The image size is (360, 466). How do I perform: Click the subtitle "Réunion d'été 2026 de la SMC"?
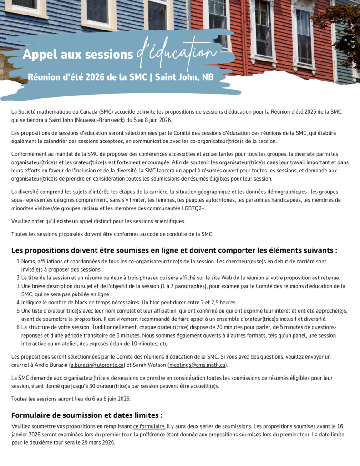coord(87,77)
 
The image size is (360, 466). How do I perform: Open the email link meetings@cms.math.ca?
coord(198,365)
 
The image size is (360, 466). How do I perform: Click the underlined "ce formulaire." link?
coord(149,426)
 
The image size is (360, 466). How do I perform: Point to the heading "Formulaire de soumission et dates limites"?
coord(87,415)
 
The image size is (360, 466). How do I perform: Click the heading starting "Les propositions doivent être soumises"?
coord(174,250)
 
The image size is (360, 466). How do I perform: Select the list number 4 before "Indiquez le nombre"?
coord(18,302)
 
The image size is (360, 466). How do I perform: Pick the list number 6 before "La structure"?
coord(18,327)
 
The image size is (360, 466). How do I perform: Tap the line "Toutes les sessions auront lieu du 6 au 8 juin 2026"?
coord(71,399)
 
